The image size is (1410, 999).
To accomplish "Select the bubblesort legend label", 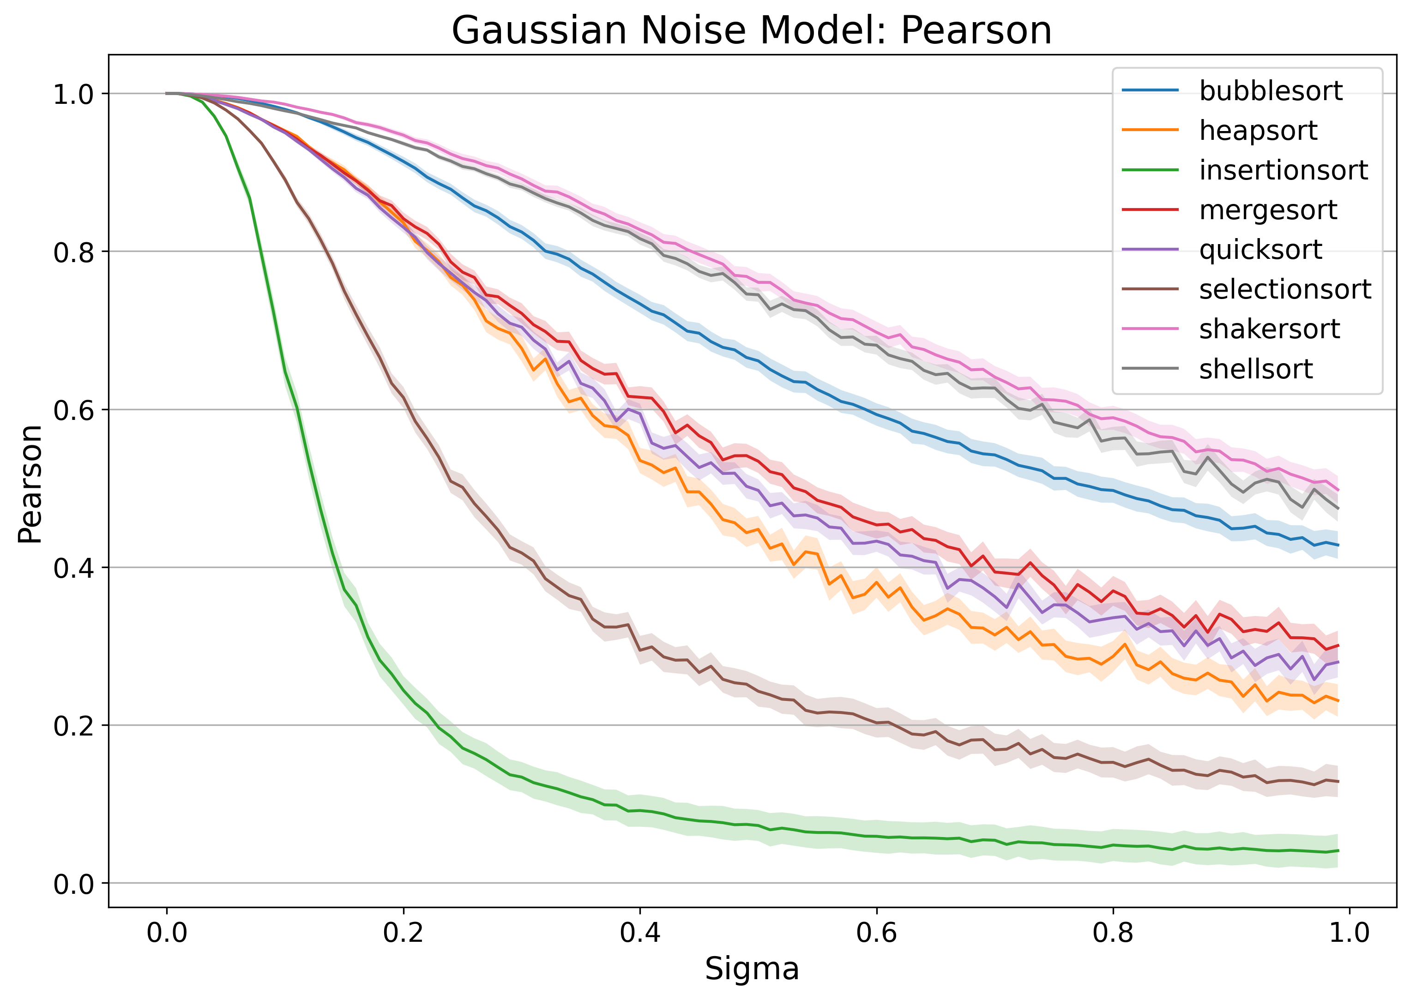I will (1270, 91).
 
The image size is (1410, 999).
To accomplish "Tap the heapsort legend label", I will (1258, 131).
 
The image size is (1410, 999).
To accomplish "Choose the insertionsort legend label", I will (1283, 170).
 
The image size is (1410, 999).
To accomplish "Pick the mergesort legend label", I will (1268, 210).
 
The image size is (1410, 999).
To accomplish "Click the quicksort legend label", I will (1260, 250).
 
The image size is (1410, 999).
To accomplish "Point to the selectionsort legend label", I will (1285, 289).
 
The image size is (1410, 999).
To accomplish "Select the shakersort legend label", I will (1269, 329).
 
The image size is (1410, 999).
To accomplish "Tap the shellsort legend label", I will (1255, 369).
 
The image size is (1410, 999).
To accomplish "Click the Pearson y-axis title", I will (30, 484).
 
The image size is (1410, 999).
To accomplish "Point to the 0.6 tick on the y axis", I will (72, 410).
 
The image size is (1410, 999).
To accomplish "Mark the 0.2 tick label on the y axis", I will (72, 726).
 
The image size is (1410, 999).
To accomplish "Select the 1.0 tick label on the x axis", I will (1349, 933).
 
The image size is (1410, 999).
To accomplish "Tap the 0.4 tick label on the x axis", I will (639, 933).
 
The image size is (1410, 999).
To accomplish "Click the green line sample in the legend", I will (1150, 170).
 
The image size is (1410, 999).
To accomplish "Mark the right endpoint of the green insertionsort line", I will (1338, 851).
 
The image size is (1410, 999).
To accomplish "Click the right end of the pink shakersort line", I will (1338, 491).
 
